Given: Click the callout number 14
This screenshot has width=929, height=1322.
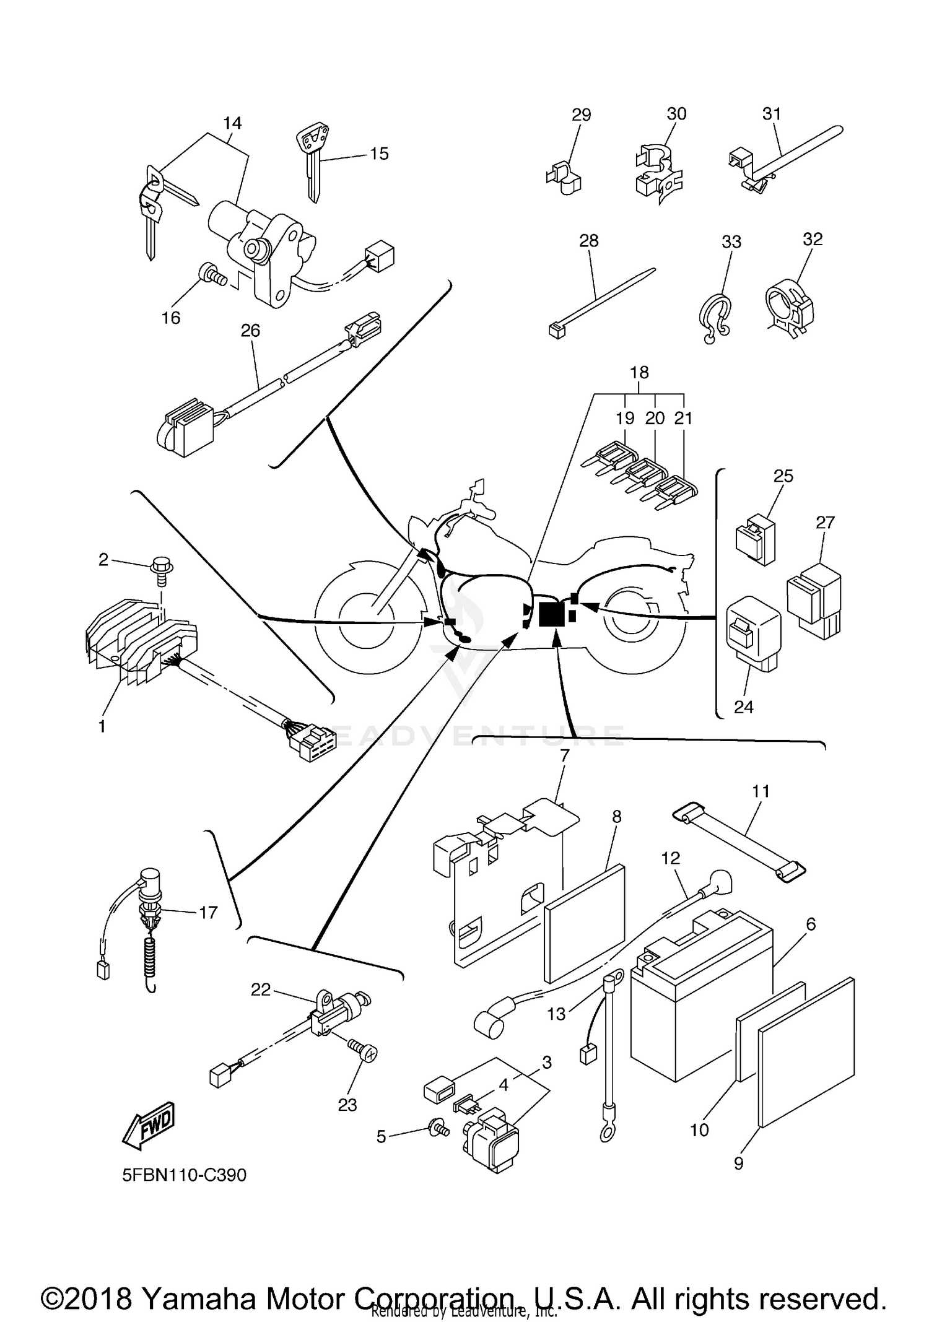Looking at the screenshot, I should tap(232, 123).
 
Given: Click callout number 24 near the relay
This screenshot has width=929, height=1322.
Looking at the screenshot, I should tap(743, 707).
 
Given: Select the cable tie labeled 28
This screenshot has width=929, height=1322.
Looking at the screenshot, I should tap(598, 301).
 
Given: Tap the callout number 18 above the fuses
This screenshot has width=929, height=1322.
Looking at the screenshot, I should tap(639, 372).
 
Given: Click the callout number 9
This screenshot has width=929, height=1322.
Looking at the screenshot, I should tap(738, 1163).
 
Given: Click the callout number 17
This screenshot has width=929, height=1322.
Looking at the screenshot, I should tap(208, 913).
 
